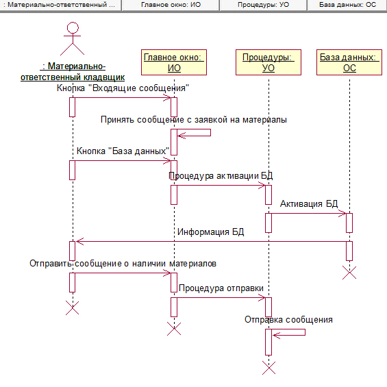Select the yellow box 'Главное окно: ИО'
click(x=174, y=62)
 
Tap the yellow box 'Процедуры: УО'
click(x=269, y=62)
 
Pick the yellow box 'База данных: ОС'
click(x=349, y=62)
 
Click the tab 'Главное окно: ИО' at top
click(x=171, y=5)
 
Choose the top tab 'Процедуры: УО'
click(x=263, y=5)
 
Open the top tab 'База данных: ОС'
click(x=347, y=5)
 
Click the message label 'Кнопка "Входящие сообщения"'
click(x=123, y=88)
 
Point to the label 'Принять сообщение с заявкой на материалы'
click(x=194, y=120)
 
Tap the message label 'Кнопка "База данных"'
click(x=123, y=151)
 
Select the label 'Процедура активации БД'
click(x=221, y=176)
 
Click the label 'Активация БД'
click(x=309, y=204)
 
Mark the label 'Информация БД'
click(x=211, y=232)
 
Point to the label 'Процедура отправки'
click(x=221, y=288)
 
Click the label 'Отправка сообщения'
click(x=288, y=320)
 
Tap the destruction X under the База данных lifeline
click(x=349, y=273)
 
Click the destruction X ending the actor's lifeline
click(x=73, y=308)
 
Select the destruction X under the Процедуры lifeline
click(x=269, y=368)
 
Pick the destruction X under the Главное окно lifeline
click(x=174, y=329)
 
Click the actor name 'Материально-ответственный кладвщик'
click(x=73, y=72)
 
